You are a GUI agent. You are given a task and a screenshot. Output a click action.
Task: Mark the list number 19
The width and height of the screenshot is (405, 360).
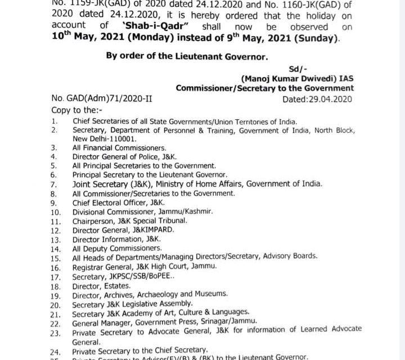55,294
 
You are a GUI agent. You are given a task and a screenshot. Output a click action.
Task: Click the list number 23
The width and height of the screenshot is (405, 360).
55,332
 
